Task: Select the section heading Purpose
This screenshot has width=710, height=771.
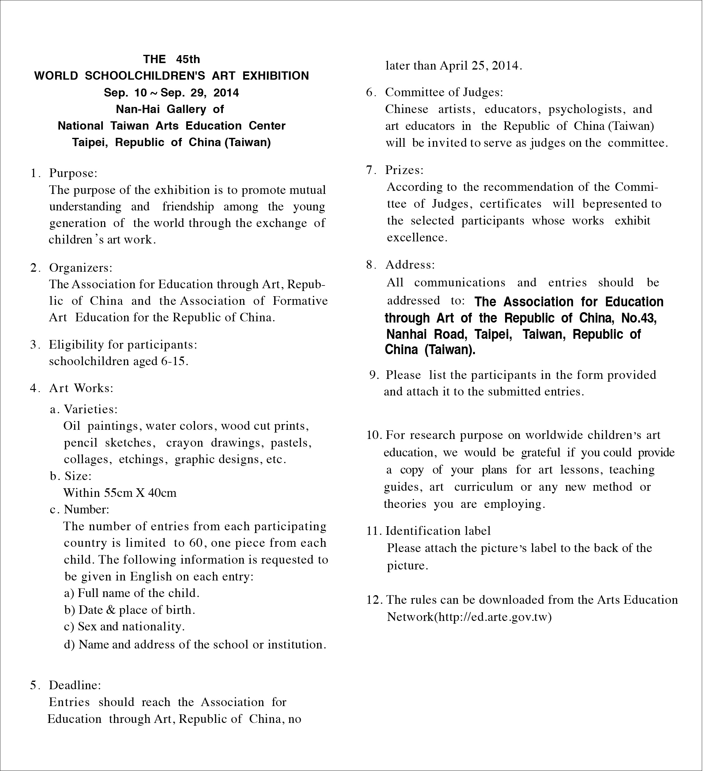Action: (x=73, y=173)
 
